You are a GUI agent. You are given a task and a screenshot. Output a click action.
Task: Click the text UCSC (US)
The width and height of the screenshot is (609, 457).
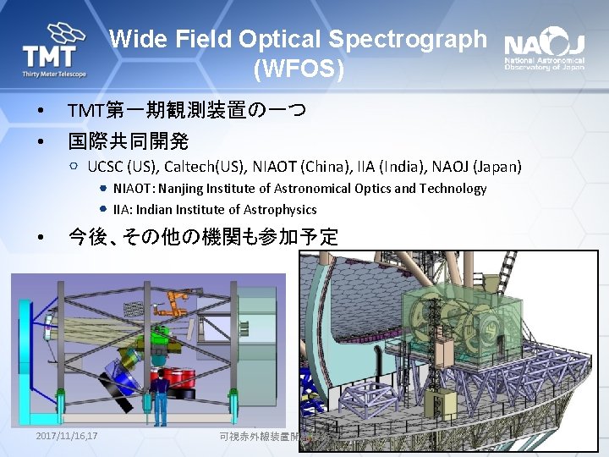pyautogui.click(x=123, y=166)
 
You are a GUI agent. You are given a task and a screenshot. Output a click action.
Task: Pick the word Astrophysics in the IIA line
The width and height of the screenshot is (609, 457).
pyautogui.click(x=280, y=209)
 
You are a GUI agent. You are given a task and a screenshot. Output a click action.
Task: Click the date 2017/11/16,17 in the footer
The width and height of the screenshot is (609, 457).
pyautogui.click(x=68, y=436)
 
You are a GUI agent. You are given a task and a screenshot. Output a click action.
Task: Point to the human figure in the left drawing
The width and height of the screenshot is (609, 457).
pyautogui.click(x=159, y=398)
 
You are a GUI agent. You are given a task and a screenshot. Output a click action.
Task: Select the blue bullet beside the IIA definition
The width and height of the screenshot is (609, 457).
pyautogui.click(x=102, y=209)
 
